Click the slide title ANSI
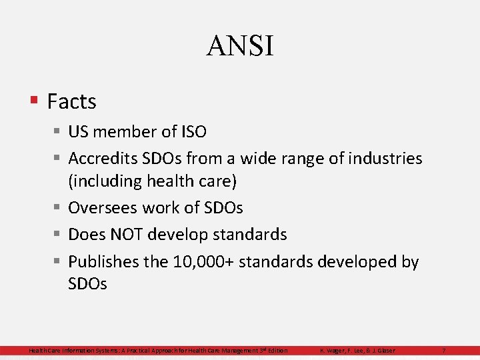pyautogui.click(x=240, y=46)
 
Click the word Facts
pyautogui.click(x=72, y=102)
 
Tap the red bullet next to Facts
pyautogui.click(x=33, y=101)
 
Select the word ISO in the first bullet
pyautogui.click(x=193, y=132)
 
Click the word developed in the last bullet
pyautogui.click(x=341, y=262)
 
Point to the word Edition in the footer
pyautogui.click(x=277, y=351)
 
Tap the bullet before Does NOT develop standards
pyautogui.click(x=57, y=235)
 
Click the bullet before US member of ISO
pyautogui.click(x=57, y=132)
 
